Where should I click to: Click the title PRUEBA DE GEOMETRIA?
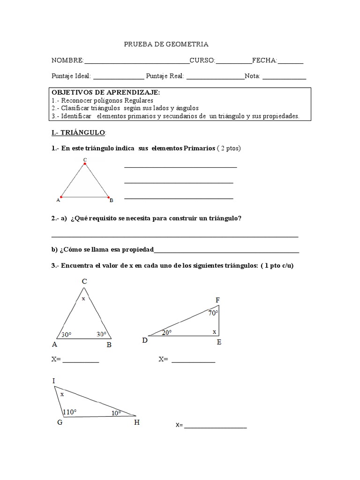pyautogui.click(x=166, y=44)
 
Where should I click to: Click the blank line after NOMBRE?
pyautogui.click(x=136, y=62)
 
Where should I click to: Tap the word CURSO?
pyautogui.click(x=202, y=60)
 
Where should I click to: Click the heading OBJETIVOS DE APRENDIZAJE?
pyautogui.click(x=105, y=93)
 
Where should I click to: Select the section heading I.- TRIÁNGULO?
pyautogui.click(x=79, y=133)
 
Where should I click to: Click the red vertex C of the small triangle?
pyautogui.click(x=85, y=164)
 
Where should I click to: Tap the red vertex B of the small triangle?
pyautogui.click(x=109, y=197)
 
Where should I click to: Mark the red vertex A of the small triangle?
pyautogui.click(x=61, y=197)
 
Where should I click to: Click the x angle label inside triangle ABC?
pyautogui.click(x=83, y=298)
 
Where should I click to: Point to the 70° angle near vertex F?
pyautogui.click(x=213, y=313)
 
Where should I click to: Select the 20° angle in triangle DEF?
pyautogui.click(x=167, y=332)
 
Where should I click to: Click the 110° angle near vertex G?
pyautogui.click(x=69, y=412)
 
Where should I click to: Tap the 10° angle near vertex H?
pyautogui.click(x=116, y=413)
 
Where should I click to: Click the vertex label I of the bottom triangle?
pyautogui.click(x=54, y=381)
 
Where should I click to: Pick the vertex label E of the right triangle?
pyautogui.click(x=219, y=342)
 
